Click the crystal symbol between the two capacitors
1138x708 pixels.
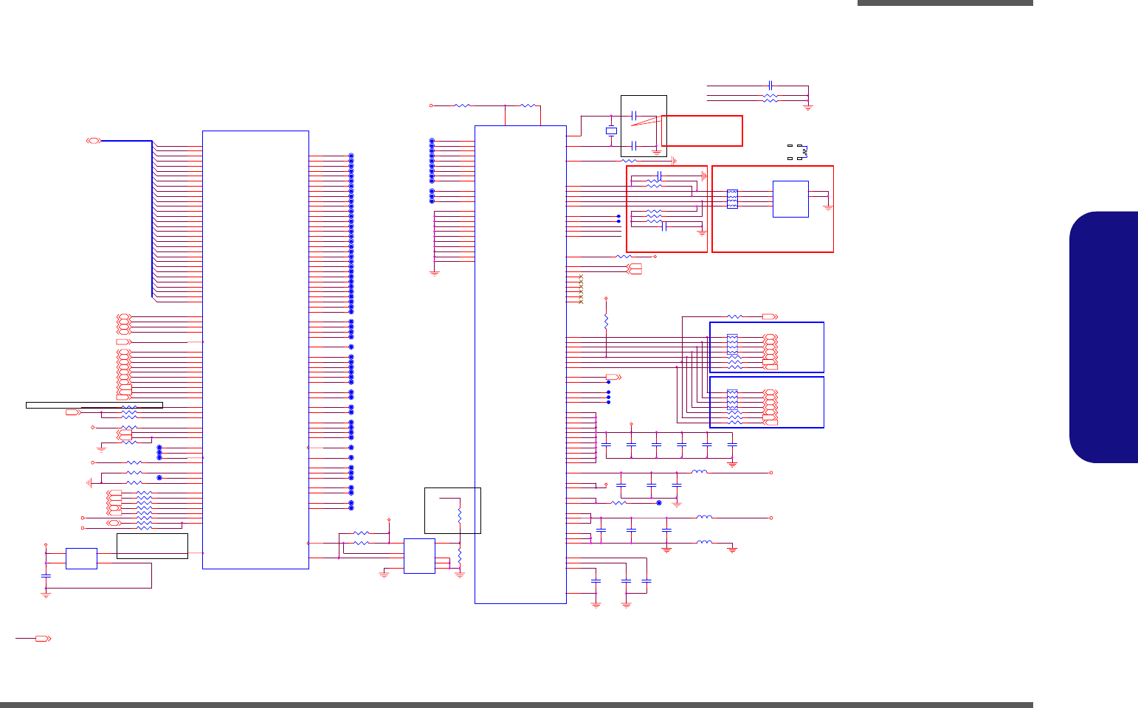pos(610,131)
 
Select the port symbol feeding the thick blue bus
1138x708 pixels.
pos(94,140)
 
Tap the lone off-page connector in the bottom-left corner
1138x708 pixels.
pos(43,638)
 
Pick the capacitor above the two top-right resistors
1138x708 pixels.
pos(770,86)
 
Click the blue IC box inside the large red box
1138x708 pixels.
pos(790,199)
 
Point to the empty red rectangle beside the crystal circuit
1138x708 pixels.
pos(702,131)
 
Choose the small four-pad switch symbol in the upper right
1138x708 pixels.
pos(798,152)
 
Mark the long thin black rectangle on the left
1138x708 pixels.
pos(94,405)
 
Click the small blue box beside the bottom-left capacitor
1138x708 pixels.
pos(81,558)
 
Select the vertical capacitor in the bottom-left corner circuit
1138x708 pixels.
pos(46,575)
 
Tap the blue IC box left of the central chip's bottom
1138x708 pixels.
pos(419,556)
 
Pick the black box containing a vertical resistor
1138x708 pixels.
pos(452,510)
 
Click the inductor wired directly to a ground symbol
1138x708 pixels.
pos(705,543)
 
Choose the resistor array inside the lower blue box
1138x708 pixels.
pos(732,398)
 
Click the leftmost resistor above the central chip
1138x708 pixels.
pos(463,105)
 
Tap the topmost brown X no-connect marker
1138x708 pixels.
pos(581,276)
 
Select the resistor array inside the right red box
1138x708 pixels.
pos(732,199)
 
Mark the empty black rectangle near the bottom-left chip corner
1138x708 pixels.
pos(152,546)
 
